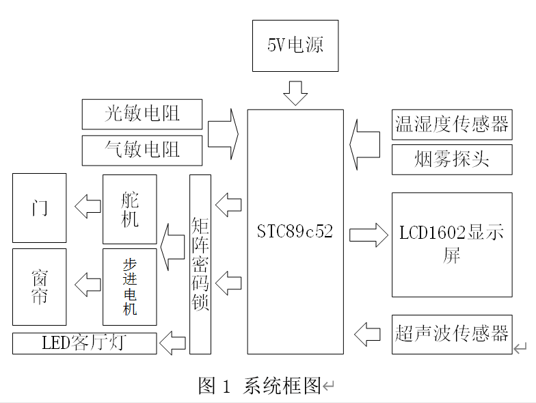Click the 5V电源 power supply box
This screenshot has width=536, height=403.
[295, 46]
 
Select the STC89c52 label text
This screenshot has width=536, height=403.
[295, 231]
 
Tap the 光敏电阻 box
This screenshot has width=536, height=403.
[142, 114]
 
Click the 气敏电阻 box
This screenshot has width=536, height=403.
[142, 150]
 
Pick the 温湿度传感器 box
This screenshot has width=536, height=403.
[452, 124]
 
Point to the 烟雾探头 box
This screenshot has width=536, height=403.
[452, 159]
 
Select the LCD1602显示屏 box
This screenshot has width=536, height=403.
[452, 244]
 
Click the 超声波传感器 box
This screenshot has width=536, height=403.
[452, 334]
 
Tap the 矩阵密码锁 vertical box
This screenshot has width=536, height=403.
[200, 263]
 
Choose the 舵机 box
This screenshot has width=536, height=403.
[130, 209]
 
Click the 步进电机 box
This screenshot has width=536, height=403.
[130, 286]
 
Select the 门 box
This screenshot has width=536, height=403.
[40, 207]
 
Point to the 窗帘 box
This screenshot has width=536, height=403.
[40, 287]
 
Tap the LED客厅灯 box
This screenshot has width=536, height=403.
[85, 343]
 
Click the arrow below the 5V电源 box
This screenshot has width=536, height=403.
[295, 92]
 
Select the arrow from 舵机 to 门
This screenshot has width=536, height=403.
[88, 206]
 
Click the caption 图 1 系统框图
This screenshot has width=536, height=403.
[260, 386]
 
